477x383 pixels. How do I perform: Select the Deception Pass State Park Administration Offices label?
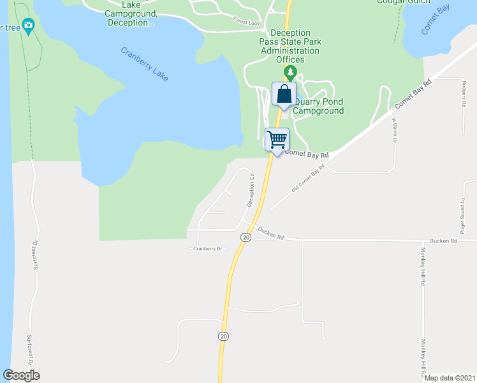click(x=290, y=46)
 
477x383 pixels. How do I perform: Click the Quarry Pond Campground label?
click(x=318, y=106)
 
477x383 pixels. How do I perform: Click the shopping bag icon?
click(x=284, y=94)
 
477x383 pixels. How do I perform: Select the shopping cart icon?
click(x=277, y=139)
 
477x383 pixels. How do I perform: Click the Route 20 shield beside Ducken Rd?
click(x=245, y=237)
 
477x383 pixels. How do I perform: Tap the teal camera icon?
click(x=27, y=26)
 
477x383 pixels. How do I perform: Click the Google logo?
click(x=21, y=375)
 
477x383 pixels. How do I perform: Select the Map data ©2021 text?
click(x=450, y=378)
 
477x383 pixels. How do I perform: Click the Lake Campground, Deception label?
click(x=131, y=13)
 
